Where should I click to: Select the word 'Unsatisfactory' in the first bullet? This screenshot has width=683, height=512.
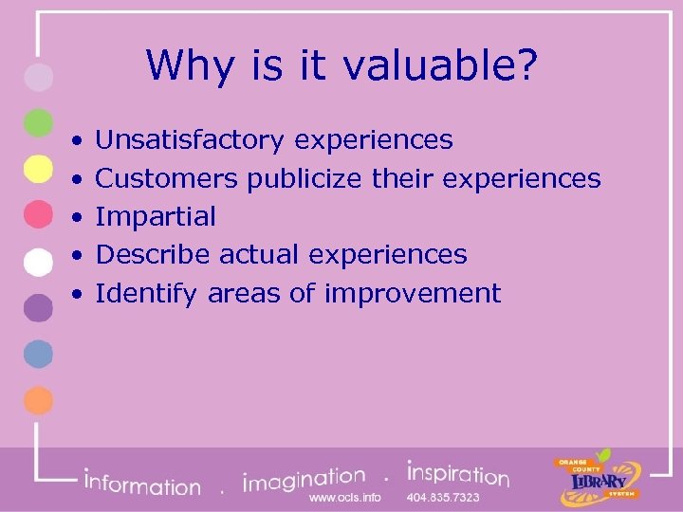coord(190,140)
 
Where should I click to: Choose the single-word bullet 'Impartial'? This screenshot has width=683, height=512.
coord(157,216)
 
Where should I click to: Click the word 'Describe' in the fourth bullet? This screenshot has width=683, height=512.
coord(154,254)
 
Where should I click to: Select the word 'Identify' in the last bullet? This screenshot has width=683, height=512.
coord(147,293)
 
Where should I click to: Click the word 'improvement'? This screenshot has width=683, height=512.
coord(413,293)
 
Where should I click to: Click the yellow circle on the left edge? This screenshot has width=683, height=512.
coord(37,169)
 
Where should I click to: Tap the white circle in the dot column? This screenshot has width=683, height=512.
coord(37,261)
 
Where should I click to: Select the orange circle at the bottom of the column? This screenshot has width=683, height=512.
coord(37,400)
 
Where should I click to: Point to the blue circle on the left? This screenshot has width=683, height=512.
coord(37,354)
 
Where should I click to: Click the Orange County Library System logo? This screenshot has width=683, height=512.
coord(598,477)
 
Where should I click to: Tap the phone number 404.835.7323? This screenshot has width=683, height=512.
coord(443,498)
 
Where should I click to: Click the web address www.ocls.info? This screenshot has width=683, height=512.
coord(345,498)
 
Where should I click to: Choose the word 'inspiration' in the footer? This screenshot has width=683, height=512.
coord(457,474)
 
